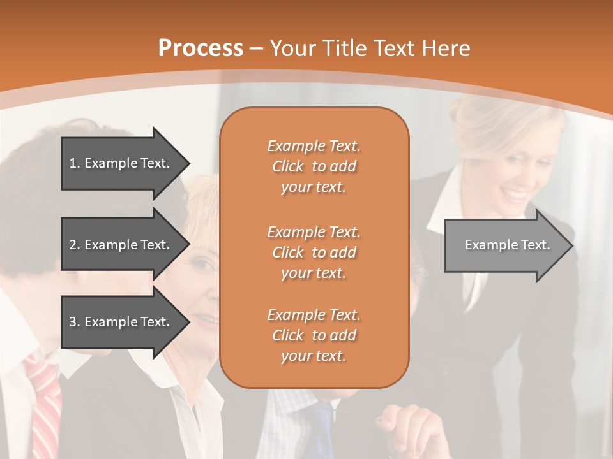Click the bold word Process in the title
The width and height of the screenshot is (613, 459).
coord(201,48)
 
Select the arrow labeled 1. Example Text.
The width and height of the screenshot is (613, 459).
coord(119,163)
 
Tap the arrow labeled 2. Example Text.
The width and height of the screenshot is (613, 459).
coord(119,245)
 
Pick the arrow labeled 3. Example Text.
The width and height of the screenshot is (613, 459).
coord(119,322)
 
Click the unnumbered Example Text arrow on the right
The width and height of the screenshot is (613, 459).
coord(508,245)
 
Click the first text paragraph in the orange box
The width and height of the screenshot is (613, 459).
coord(314,166)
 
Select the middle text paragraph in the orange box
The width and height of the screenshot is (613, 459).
coord(314,252)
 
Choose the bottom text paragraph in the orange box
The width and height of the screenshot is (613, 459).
coord(314,335)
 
